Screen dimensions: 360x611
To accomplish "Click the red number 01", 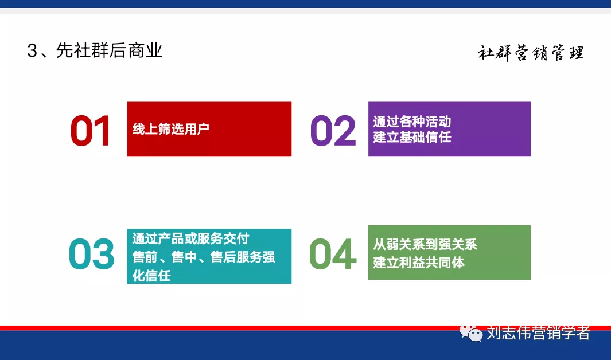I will coord(91,131).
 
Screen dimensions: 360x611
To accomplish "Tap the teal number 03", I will coord(92,255).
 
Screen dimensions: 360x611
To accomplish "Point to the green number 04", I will coord(333,255).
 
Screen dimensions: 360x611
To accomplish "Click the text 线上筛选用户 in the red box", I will coord(171,129).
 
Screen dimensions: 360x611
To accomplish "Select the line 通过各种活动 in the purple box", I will coord(412,122).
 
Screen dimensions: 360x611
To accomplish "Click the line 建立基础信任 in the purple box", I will coord(412,137).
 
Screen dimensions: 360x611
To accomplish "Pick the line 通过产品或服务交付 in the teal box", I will coord(190,238).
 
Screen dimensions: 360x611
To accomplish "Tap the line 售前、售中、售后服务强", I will coord(204,257).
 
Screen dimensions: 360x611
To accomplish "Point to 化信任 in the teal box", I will coord(151,275).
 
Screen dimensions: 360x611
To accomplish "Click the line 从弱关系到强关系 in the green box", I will coord(425,245).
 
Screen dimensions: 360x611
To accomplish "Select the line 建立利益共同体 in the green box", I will coord(419,263).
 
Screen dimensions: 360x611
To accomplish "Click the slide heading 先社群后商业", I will coord(109,51).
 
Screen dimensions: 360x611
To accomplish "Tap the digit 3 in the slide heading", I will coord(32,52).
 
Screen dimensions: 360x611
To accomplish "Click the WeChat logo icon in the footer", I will coord(471,332).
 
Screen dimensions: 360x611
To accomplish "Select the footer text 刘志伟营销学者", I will coord(538,332).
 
